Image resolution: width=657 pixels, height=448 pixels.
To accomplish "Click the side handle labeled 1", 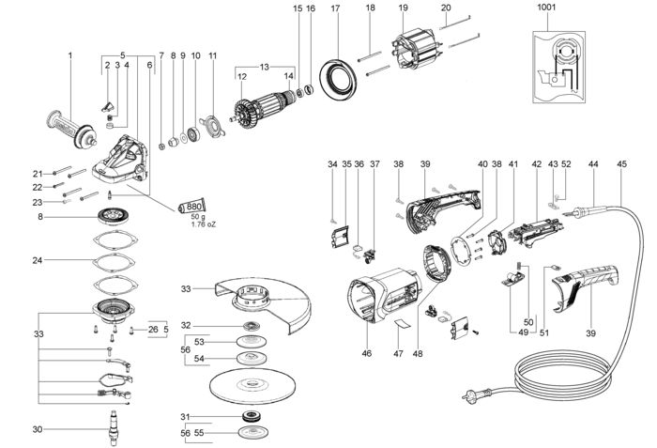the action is [x=71, y=130].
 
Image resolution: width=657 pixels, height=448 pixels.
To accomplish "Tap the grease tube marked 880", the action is [x=192, y=206].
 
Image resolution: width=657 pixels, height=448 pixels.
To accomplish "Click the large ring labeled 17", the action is [x=338, y=79].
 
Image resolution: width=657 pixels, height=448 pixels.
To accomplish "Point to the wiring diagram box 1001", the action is [x=559, y=67].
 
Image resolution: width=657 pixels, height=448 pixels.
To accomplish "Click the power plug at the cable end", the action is [x=476, y=394].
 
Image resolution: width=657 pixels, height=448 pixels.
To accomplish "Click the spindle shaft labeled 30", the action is [x=113, y=428].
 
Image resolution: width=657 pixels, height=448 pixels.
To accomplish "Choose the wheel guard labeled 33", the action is [x=263, y=301].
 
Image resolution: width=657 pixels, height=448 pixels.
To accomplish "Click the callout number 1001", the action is [x=546, y=8].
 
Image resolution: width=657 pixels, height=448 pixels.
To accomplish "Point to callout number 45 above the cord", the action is [x=621, y=164].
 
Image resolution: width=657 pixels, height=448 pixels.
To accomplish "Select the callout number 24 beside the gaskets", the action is [x=38, y=260].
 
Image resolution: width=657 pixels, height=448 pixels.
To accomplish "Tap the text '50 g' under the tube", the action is [x=198, y=217].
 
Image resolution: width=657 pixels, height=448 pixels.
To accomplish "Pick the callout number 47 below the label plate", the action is [x=398, y=354].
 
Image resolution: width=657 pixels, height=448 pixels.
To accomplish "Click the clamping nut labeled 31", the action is [x=252, y=417].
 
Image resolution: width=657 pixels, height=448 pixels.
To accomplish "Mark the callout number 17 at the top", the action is [x=335, y=8].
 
